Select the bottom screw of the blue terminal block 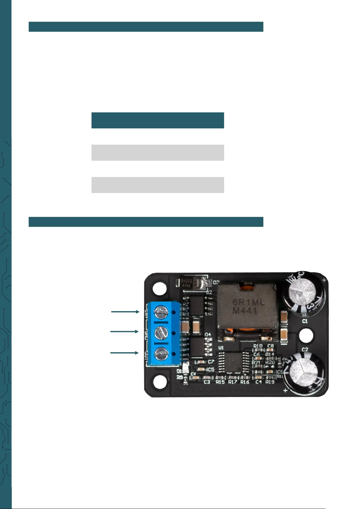pos(161,353)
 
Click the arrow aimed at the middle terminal pos(124,331)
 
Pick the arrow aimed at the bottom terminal pos(124,353)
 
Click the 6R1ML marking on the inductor pos(248,302)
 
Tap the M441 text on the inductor pos(245,311)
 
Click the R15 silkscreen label pos(220,382)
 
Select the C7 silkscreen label pos(211,362)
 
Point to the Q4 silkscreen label pos(208,334)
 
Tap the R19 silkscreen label pos(270,382)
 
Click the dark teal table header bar pos(158,120)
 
